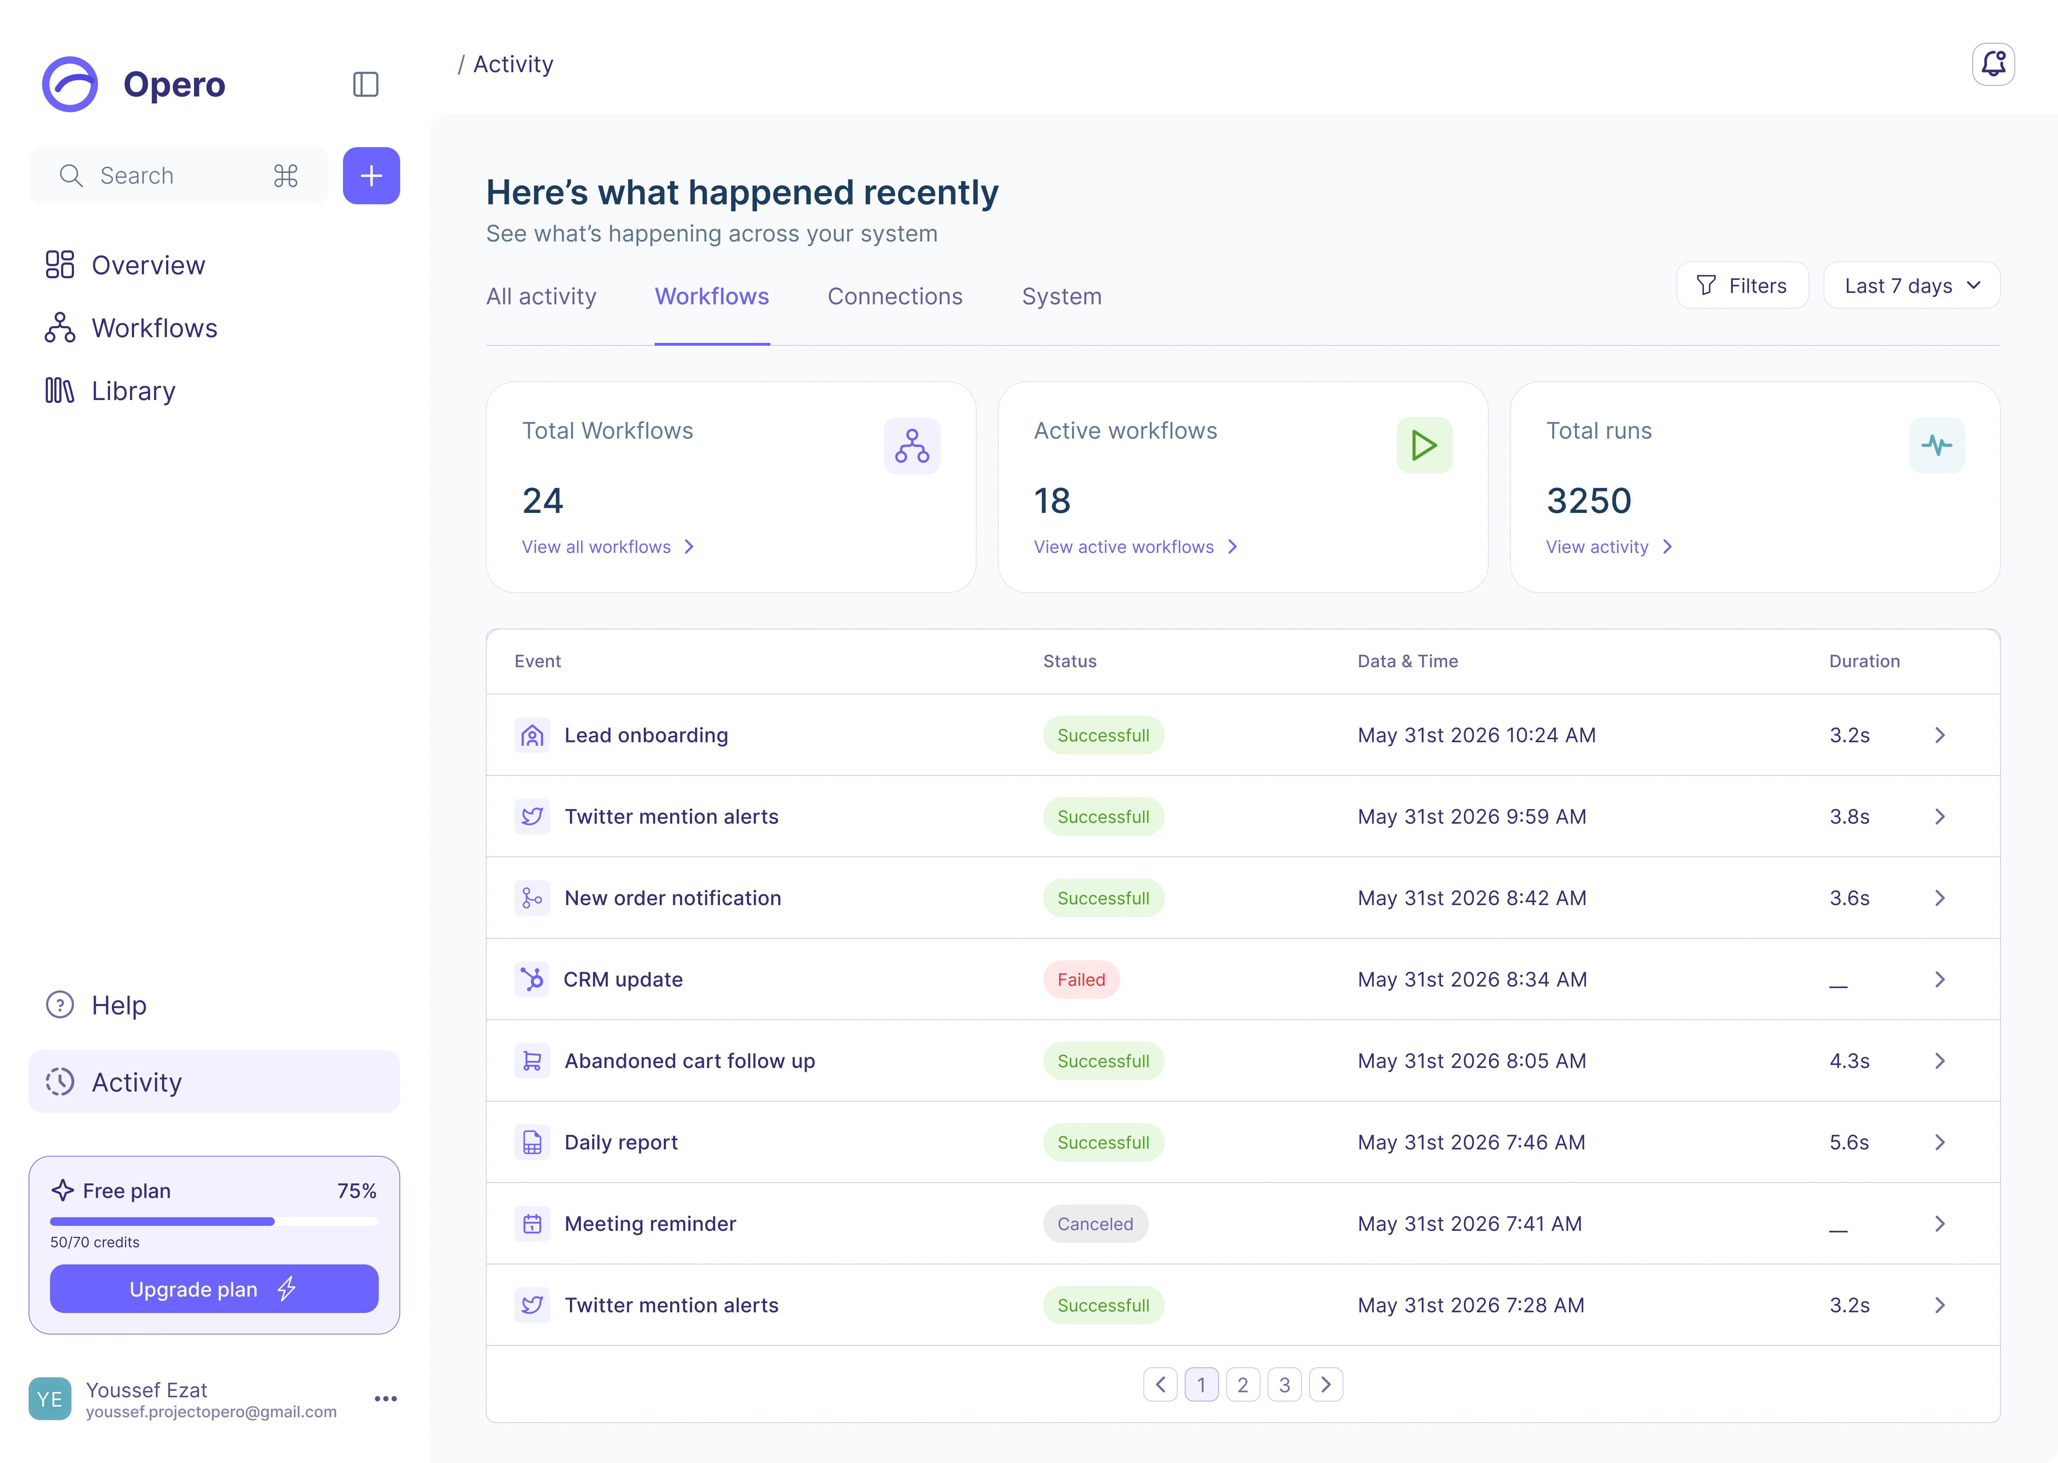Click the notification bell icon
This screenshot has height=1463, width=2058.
[1993, 64]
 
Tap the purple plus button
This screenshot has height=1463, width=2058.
[371, 176]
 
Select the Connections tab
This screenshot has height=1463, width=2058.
[895, 296]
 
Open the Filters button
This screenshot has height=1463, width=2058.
[1742, 286]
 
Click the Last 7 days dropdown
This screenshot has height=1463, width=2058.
[1911, 286]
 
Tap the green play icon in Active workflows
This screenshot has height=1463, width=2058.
[1424, 445]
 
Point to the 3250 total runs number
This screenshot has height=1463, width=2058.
[1589, 501]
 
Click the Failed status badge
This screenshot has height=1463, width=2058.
[1081, 979]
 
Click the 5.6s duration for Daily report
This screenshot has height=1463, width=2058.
[1849, 1142]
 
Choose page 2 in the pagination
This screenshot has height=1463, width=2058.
[1243, 1385]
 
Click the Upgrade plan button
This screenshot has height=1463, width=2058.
[214, 1289]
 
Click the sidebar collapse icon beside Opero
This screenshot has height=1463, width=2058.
[365, 85]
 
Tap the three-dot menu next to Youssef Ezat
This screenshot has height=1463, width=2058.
[386, 1399]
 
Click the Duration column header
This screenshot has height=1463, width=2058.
[1864, 661]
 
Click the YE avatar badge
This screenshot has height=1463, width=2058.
[50, 1399]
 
